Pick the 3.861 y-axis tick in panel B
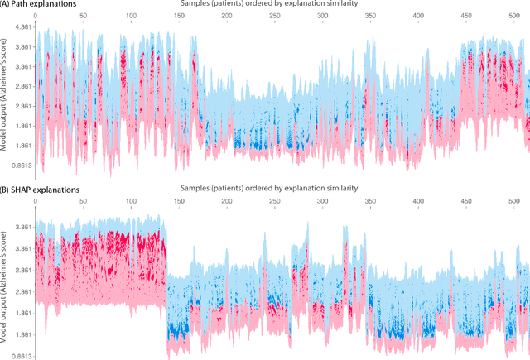[21, 227]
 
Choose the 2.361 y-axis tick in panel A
[21, 106]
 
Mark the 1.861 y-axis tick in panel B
[21, 313]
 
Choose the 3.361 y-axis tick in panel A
[21, 66]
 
